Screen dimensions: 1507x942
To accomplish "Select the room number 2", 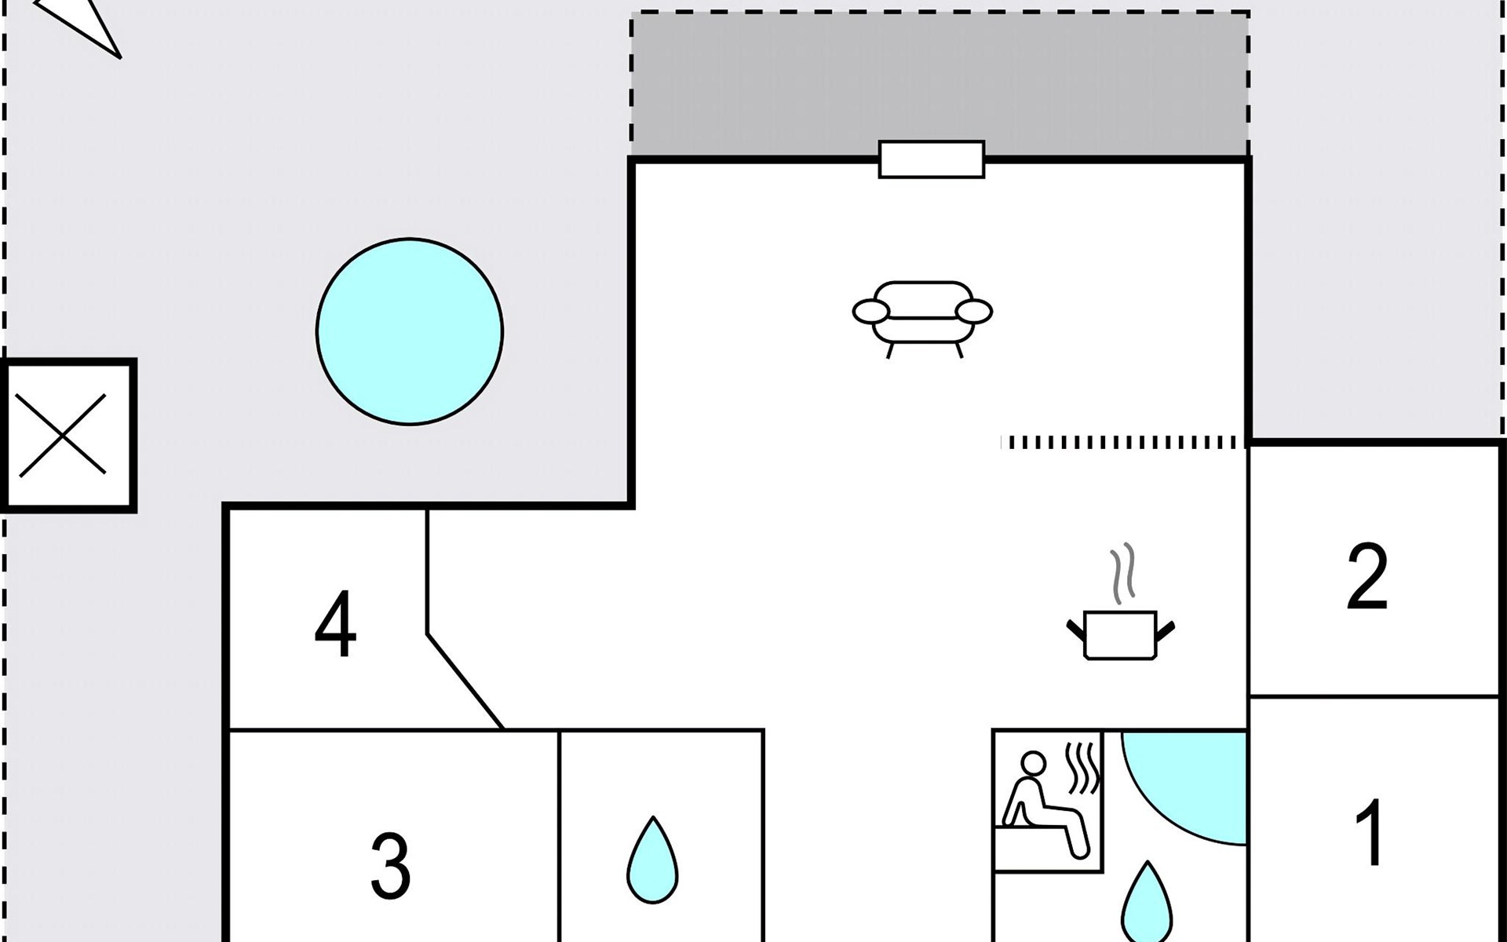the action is pos(1367,576).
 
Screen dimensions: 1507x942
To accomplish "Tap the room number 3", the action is pos(390,866).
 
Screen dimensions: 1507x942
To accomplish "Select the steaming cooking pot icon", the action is pos(1121,601).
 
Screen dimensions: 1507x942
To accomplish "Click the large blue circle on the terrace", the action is pos(410,332).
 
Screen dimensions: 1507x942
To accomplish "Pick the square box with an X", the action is pos(69,436).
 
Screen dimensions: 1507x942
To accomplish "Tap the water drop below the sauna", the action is pos(1147,903).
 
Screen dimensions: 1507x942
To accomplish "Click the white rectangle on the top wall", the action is pos(932,159).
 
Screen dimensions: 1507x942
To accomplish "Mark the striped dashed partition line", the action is pos(1123,443).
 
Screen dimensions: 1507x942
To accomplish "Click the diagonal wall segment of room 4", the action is pos(465,681).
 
